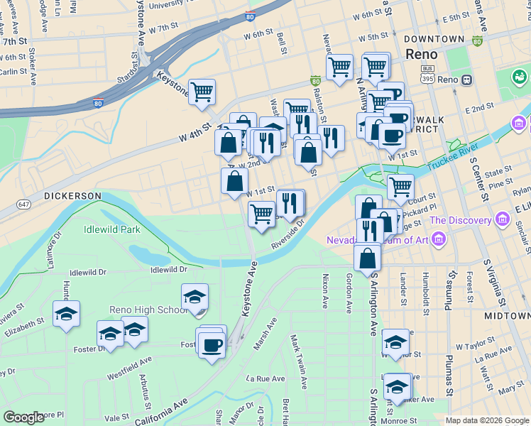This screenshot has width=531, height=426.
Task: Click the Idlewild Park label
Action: (x=111, y=229)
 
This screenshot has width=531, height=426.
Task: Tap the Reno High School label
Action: (x=148, y=310)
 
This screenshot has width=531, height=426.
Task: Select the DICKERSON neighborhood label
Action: (x=73, y=195)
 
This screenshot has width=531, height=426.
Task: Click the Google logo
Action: (x=24, y=417)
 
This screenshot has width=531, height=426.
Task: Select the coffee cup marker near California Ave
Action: (x=212, y=346)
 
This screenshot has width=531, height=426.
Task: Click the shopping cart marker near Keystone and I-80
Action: (x=202, y=91)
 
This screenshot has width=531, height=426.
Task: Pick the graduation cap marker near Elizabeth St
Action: (x=66, y=313)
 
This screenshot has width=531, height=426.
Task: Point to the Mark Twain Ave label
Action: (x=299, y=362)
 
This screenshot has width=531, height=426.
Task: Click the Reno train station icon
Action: (x=467, y=80)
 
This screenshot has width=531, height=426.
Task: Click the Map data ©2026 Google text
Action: (x=487, y=420)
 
